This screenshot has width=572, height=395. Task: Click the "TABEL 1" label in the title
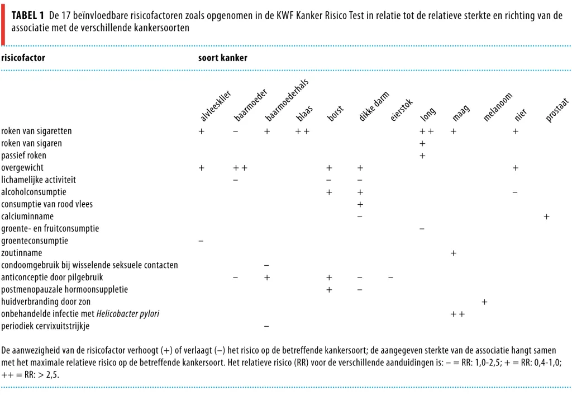(x=28, y=15)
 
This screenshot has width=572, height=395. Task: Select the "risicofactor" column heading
(x=23, y=58)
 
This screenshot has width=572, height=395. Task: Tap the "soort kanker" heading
(x=222, y=58)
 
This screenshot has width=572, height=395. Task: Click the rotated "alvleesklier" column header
(x=216, y=106)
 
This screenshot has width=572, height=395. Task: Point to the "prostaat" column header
(x=557, y=110)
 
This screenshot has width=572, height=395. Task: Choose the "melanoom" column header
(x=498, y=107)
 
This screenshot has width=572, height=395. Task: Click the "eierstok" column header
(x=401, y=110)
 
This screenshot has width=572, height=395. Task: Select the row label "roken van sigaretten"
(x=36, y=131)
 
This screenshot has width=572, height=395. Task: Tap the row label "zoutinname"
(x=22, y=253)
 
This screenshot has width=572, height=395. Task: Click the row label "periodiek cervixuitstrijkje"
(x=45, y=326)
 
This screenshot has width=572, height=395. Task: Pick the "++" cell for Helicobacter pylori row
(x=457, y=314)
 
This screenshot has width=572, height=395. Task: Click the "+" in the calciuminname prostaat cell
(x=546, y=217)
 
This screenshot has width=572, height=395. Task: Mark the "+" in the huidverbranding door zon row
(x=484, y=302)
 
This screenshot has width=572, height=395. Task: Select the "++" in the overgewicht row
(x=240, y=168)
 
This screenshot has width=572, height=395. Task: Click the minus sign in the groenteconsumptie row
(x=201, y=241)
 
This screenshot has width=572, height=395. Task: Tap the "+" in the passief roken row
(x=422, y=156)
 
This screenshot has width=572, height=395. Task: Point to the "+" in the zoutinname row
(x=454, y=253)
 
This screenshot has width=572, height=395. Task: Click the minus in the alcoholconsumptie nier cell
(x=515, y=192)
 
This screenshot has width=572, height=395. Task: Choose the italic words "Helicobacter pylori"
(x=128, y=314)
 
